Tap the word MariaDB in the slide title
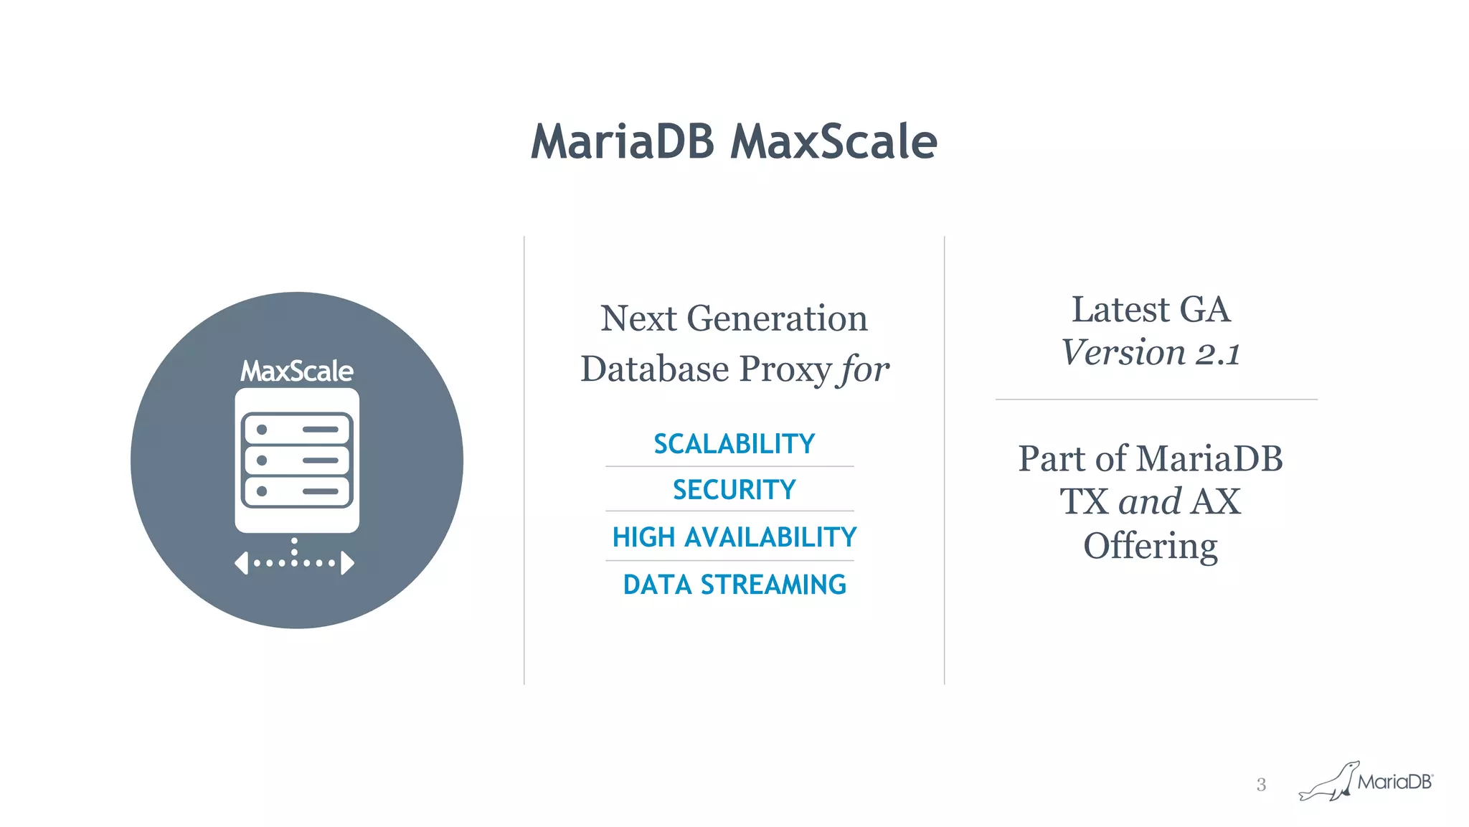[x=622, y=141]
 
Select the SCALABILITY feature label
[x=734, y=444]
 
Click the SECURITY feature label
[x=734, y=490]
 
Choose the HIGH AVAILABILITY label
[x=734, y=537]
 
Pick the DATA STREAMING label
[x=734, y=585]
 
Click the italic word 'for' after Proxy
[x=865, y=370]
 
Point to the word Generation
[x=777, y=318]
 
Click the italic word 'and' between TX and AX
[x=1150, y=501]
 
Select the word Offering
[x=1150, y=547]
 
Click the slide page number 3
[x=1261, y=785]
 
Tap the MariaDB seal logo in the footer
[x=1329, y=782]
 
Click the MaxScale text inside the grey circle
[x=296, y=372]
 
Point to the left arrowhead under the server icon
[x=242, y=563]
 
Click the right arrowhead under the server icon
[x=348, y=563]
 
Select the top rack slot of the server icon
[x=296, y=430]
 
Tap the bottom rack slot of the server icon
[x=296, y=491]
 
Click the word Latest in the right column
[x=1120, y=310]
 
